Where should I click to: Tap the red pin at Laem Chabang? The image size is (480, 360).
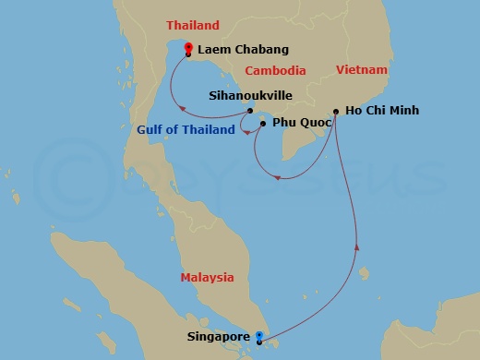(188, 49)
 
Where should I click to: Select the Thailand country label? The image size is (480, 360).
(192, 25)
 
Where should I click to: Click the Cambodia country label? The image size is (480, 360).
(275, 70)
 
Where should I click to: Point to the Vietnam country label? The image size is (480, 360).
(362, 69)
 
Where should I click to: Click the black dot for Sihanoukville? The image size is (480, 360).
(250, 111)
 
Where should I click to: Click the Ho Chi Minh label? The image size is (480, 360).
(381, 111)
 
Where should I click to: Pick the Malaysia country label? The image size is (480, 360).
(207, 277)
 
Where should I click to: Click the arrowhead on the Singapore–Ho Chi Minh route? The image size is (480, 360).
(357, 246)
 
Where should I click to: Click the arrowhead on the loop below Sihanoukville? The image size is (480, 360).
(249, 132)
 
